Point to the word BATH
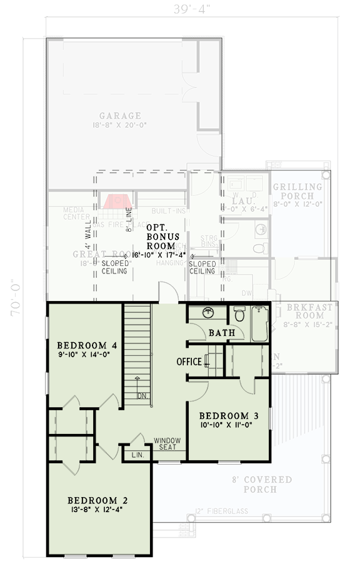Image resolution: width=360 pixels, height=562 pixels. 221,333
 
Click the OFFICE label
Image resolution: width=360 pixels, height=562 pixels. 189,362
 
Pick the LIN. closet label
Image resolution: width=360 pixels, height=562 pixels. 137,455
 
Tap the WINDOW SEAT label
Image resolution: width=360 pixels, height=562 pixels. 167,443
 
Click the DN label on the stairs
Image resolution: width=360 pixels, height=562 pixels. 142,395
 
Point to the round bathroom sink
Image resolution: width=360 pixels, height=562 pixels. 208,313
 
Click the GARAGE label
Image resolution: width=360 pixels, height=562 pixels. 120,116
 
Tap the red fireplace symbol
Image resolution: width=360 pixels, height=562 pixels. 116,201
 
